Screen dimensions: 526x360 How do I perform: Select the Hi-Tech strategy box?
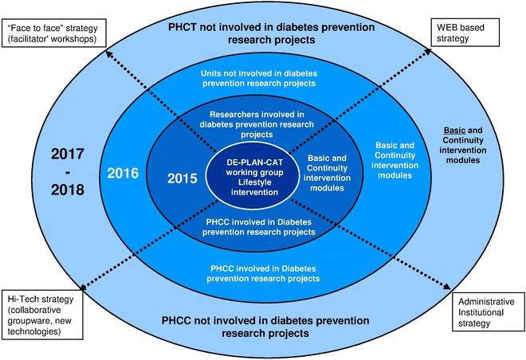pos(45,316)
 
